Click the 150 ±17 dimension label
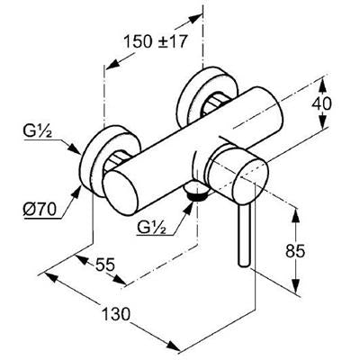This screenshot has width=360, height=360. tap(156, 41)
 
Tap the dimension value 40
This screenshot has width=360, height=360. tap(321, 103)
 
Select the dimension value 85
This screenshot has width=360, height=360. tap(295, 251)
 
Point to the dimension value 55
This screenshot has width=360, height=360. tap(105, 265)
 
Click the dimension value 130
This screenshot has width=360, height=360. tap(116, 314)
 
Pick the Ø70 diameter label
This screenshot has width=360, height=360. tap(40, 210)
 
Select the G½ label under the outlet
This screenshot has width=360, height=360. tap(152, 227)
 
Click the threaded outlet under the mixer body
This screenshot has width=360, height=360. tap(195, 194)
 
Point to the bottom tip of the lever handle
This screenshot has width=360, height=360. tap(243, 265)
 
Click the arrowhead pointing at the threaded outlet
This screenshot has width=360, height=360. tap(188, 208)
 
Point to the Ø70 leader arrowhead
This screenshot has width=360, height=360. tap(76, 192)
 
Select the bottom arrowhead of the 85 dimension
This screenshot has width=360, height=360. tap(296, 285)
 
